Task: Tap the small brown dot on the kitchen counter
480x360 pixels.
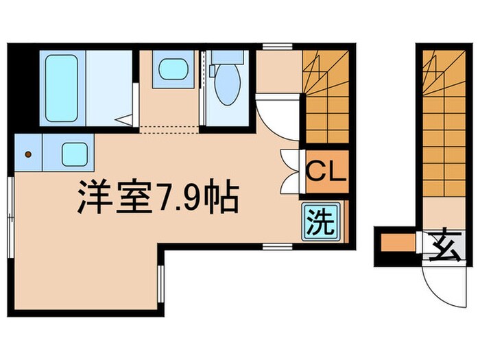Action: coord(28,154)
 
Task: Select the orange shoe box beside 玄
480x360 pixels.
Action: coord(397,243)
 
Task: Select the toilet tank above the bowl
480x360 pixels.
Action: coord(224,61)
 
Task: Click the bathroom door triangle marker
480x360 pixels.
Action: coord(123,119)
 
